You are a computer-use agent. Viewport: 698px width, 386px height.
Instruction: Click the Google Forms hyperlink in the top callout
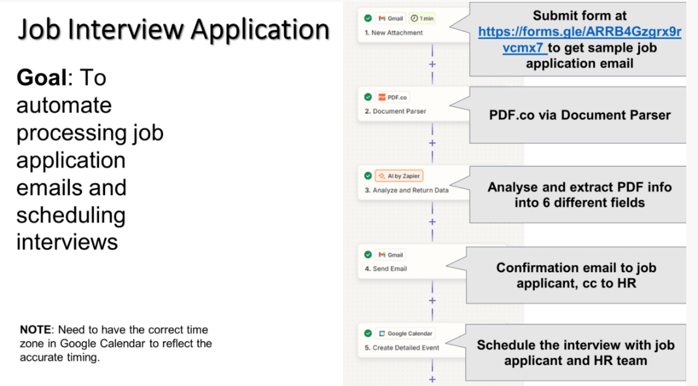(579, 39)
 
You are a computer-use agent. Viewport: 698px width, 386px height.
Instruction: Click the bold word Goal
(41, 78)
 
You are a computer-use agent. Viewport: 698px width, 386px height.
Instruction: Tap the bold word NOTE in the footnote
(36, 330)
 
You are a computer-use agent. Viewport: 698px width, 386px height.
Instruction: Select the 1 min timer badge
(422, 18)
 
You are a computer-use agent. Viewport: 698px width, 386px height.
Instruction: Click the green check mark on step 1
(368, 18)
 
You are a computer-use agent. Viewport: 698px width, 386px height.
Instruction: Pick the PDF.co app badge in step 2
(393, 97)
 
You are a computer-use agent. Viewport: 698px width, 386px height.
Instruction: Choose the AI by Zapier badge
(399, 176)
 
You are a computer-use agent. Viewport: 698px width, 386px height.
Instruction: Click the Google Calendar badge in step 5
(406, 333)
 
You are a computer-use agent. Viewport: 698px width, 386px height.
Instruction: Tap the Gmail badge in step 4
(391, 255)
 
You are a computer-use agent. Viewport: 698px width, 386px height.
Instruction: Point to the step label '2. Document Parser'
(395, 112)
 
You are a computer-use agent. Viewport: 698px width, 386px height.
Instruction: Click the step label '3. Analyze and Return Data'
(406, 190)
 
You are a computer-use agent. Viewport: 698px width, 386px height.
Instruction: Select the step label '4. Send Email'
(386, 269)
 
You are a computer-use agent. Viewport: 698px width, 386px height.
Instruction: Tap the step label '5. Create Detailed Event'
(402, 347)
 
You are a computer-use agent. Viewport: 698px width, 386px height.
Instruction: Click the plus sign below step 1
(432, 64)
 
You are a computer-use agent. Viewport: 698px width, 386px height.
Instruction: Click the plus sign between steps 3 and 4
(432, 222)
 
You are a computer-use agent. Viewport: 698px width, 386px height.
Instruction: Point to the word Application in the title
(260, 30)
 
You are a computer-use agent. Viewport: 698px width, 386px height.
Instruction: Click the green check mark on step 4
(368, 255)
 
